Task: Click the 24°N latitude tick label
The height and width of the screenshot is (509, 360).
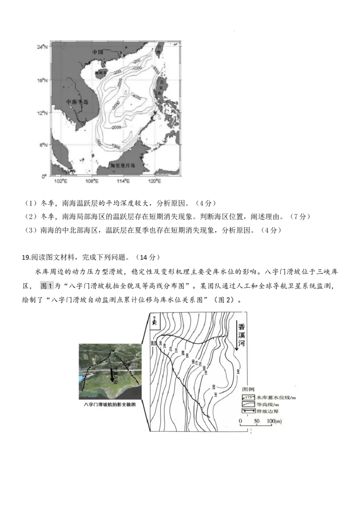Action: coord(43,47)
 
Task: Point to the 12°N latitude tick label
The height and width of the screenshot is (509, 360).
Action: coord(43,113)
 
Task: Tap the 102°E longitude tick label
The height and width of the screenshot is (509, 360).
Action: coord(60,181)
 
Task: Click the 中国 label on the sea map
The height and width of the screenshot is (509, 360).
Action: coord(98,52)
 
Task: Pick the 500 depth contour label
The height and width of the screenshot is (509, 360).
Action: coord(99,142)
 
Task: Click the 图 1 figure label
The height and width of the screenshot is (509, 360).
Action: coord(47,286)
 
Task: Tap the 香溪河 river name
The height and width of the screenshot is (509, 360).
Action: coord(242,336)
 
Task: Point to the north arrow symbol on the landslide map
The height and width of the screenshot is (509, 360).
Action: coord(154,321)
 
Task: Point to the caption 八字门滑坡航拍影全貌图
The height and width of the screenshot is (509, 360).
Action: coord(110,404)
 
